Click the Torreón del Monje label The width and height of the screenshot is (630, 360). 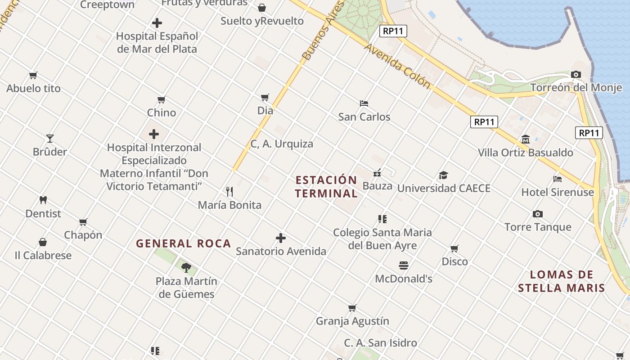coord(576,88)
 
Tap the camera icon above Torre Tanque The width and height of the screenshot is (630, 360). coord(537,214)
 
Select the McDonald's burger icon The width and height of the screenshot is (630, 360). coord(403,265)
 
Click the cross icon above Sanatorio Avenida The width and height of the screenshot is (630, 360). coord(281,238)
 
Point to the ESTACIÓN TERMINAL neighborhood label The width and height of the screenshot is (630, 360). coord(326,187)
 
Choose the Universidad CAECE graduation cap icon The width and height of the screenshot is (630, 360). coord(443,175)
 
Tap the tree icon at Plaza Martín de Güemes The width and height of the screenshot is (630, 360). coord(186,268)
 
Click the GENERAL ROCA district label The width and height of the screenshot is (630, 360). coord(184,243)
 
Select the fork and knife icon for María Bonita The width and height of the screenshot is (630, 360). coord(229,192)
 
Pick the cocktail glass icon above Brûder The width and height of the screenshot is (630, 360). coord(49,138)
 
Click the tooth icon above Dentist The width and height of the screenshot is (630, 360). coord(43,200)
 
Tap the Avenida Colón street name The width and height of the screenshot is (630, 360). coord(397,66)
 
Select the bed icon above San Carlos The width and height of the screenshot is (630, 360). coord(364,103)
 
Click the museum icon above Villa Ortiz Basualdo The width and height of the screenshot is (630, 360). coord(525,139)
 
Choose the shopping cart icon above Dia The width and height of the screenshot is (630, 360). coord(265,97)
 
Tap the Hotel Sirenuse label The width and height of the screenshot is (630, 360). coord(558,192)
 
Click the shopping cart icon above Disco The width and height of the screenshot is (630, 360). coord(454,248)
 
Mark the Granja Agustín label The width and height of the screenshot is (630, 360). coord(352,321)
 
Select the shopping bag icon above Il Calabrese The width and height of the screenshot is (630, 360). coord(43,242)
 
